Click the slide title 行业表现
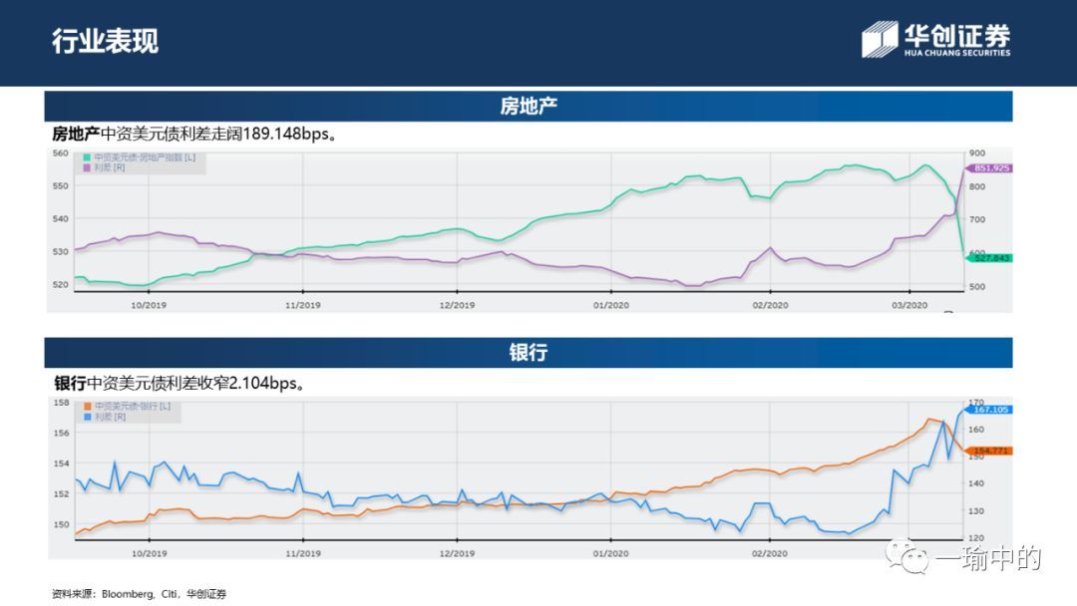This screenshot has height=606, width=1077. (105, 42)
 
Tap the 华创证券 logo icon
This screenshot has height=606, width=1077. (880, 39)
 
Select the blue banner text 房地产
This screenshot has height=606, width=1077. (529, 107)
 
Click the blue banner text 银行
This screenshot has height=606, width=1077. (529, 353)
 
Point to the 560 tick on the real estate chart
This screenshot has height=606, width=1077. (60, 153)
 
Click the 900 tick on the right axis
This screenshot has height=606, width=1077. (977, 153)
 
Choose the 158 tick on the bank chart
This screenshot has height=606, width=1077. (61, 403)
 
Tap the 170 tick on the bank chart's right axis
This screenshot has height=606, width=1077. (976, 403)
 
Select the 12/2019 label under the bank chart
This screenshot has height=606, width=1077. (456, 552)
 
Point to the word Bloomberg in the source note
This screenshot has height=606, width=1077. (121, 594)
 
